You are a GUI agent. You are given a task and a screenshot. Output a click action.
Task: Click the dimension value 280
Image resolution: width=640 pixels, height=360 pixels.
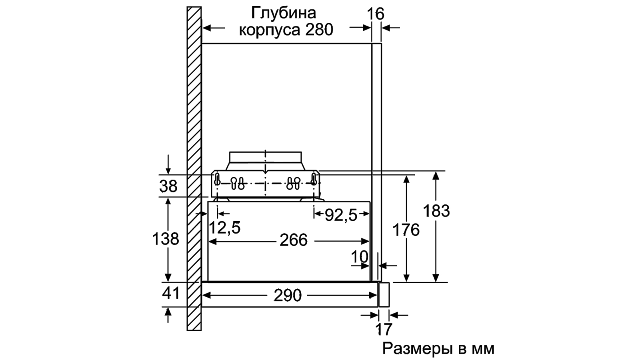click(x=319, y=30)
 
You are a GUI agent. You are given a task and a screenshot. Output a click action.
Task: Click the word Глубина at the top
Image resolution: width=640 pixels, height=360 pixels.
click(x=283, y=13)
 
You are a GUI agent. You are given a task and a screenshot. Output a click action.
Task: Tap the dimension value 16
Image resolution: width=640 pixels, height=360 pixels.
click(x=375, y=14)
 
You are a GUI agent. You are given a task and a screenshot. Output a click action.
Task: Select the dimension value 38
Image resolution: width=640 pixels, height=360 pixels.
click(x=168, y=186)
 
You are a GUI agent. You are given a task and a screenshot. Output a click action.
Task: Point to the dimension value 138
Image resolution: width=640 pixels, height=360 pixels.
click(x=165, y=239)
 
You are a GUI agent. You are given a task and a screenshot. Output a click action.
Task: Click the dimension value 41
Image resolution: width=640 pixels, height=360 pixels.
click(x=171, y=293)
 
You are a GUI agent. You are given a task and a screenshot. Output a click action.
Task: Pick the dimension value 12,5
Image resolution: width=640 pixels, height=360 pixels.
click(x=225, y=228)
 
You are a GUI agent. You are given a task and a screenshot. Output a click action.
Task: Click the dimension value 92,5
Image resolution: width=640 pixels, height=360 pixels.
click(x=341, y=215)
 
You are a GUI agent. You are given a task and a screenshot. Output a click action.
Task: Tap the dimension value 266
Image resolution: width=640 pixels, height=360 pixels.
click(x=293, y=240)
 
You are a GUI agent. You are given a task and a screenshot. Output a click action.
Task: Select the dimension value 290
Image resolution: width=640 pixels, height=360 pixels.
click(x=288, y=296)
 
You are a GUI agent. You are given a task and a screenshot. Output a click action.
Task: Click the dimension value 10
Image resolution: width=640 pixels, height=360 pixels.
click(x=359, y=257)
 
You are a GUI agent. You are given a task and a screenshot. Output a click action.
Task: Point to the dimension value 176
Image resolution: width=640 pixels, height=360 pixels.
click(x=406, y=230)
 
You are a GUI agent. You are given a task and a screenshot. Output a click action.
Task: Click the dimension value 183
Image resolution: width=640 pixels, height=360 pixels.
click(x=436, y=211)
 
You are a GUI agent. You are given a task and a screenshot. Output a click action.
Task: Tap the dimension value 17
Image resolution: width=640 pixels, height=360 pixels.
click(x=384, y=329)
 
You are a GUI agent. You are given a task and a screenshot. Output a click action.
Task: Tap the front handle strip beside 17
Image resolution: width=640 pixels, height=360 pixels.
click(x=384, y=295)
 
